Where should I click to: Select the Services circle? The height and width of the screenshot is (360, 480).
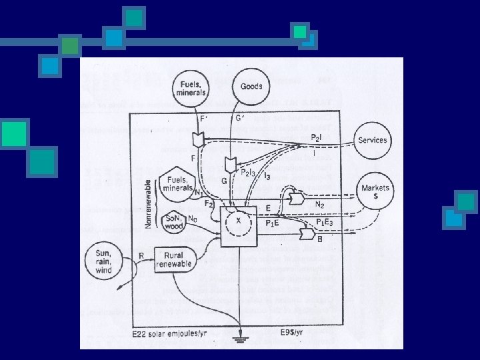(x=372, y=141)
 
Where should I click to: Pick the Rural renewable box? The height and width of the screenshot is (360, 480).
(x=174, y=259)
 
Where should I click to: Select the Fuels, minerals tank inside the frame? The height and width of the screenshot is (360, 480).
(x=176, y=186)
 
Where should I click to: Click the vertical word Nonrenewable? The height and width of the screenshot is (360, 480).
(x=147, y=201)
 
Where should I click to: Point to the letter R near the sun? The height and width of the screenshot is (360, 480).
(x=141, y=255)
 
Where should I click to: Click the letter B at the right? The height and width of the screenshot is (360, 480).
(x=321, y=239)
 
